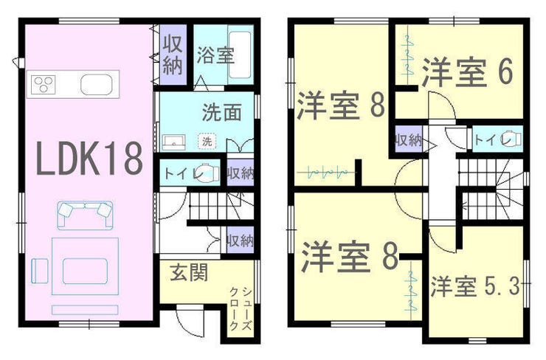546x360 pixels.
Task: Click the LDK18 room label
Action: tap(89, 159)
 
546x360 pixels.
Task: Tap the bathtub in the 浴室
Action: tap(240, 55)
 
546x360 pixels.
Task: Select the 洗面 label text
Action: tap(222, 112)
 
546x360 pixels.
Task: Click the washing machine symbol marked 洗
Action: tap(207, 142)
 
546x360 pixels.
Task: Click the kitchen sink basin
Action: tap(97, 85)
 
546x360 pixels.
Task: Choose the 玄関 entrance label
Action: tap(189, 272)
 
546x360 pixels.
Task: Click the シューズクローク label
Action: tap(241, 308)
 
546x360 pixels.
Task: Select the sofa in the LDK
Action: tap(85, 215)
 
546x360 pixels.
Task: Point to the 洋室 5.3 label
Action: tap(475, 286)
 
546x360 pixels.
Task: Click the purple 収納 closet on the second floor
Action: tap(409, 139)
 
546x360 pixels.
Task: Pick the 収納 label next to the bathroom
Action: tap(173, 55)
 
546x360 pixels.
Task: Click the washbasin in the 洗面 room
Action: tap(173, 143)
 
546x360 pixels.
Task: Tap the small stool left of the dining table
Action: tap(39, 271)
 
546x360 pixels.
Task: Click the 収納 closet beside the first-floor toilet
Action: tap(241, 173)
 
